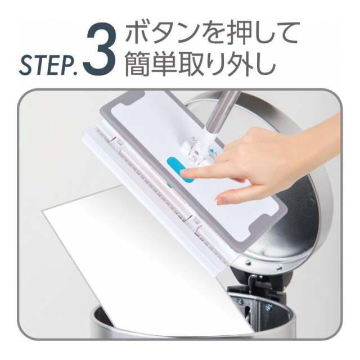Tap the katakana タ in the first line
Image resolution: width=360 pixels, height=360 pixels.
[x=169, y=34]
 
